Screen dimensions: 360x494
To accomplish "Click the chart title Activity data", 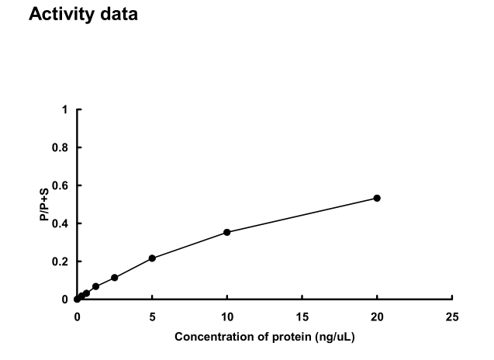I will (x=83, y=15).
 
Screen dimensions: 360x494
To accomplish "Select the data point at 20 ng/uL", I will (x=377, y=198).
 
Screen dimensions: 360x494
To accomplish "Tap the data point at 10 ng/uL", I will (x=227, y=232).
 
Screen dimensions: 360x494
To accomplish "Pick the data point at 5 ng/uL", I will (x=152, y=258).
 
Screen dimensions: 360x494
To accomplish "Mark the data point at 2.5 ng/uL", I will (x=115, y=278).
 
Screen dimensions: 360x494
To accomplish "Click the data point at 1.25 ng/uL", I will (x=95, y=286).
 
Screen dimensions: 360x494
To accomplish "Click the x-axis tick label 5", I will (x=152, y=317).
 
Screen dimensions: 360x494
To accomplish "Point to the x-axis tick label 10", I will (x=227, y=317).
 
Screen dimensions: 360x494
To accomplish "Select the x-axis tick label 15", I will (x=302, y=317).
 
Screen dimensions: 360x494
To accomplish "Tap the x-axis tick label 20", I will (x=377, y=317).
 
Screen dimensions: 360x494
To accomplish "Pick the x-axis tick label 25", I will (x=452, y=317).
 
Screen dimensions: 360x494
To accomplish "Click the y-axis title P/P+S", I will (x=45, y=204).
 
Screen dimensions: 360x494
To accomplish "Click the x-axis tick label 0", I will (x=77, y=317).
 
